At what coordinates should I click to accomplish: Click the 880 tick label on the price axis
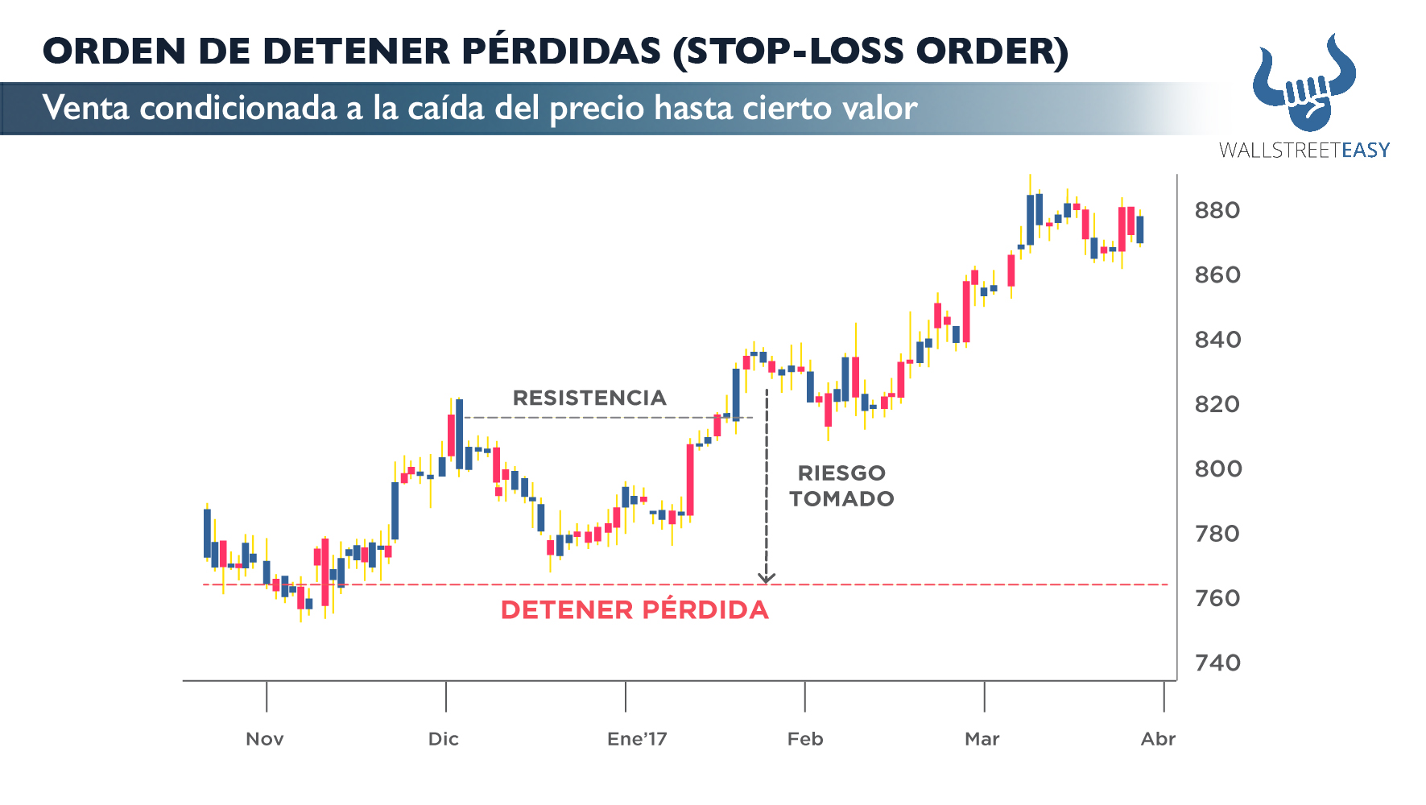click(x=1217, y=211)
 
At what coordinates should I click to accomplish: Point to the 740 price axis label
click(x=1217, y=663)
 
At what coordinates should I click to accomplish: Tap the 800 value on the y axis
click(x=1217, y=469)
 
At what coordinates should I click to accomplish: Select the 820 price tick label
click(x=1217, y=404)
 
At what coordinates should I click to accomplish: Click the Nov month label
click(x=264, y=739)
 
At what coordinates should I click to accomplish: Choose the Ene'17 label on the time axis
click(x=637, y=739)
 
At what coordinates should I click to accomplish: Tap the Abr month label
click(x=1158, y=739)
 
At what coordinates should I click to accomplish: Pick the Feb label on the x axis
click(x=805, y=739)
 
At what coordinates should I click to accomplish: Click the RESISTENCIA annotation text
click(x=589, y=398)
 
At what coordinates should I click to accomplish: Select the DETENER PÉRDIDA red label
click(x=634, y=610)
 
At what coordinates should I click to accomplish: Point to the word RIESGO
click(x=841, y=473)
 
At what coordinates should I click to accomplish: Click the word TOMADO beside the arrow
click(x=841, y=499)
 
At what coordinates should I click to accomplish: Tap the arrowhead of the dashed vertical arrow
click(x=767, y=577)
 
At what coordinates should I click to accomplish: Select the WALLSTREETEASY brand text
click(x=1304, y=151)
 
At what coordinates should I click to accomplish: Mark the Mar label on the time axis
click(x=982, y=739)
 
